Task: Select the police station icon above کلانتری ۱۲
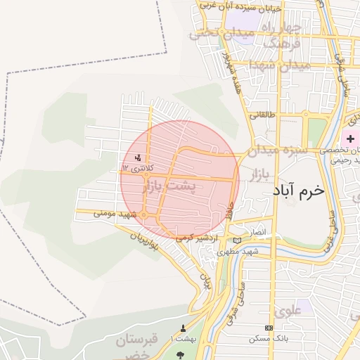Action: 138,157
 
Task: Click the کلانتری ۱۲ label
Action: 136,168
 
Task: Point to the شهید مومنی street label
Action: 96,212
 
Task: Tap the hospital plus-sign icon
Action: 350,139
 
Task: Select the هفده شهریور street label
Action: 226,70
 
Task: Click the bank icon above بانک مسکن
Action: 269,328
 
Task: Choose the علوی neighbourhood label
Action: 288,309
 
